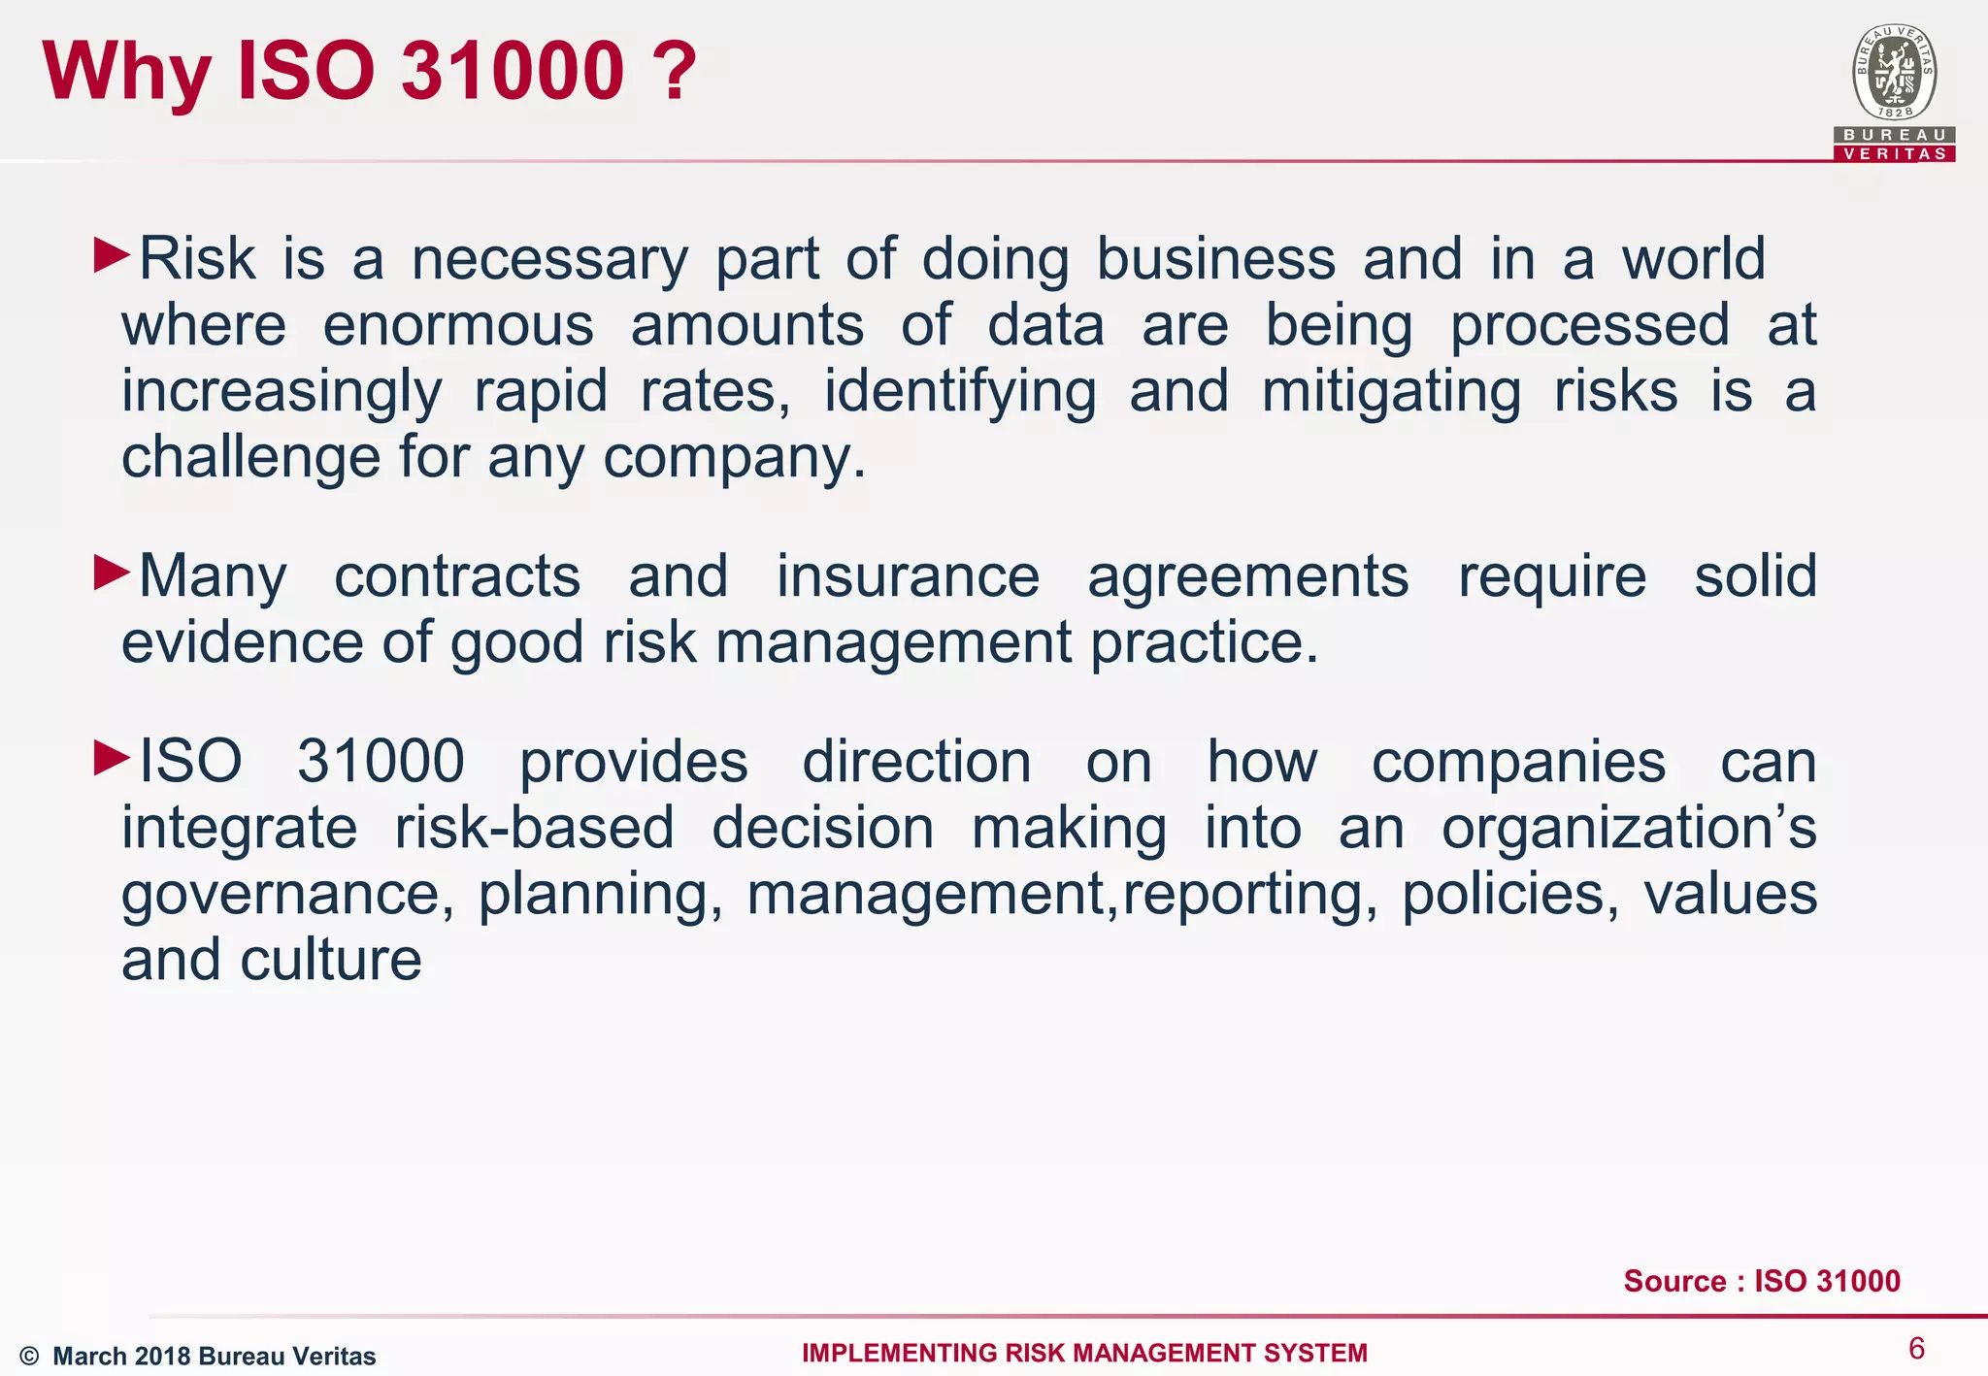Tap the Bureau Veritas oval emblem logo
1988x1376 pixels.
[x=1894, y=73]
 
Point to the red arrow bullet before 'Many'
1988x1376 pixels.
[x=112, y=572]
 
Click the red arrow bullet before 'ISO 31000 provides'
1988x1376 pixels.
[x=112, y=757]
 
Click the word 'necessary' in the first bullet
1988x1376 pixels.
[x=549, y=260]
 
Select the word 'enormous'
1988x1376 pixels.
[x=458, y=325]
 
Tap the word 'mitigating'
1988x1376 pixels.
[x=1391, y=392]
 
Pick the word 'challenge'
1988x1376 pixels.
[x=250, y=457]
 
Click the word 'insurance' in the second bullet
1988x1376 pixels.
[x=908, y=576]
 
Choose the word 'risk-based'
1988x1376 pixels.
[x=534, y=828]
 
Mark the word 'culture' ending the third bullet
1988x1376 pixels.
[x=331, y=960]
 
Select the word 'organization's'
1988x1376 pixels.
[x=1629, y=830]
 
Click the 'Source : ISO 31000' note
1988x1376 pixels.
[x=1762, y=1281]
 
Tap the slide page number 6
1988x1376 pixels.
[x=1916, y=1348]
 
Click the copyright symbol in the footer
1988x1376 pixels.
[x=29, y=1357]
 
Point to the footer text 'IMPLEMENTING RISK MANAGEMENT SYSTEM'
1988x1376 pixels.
[x=1084, y=1353]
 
